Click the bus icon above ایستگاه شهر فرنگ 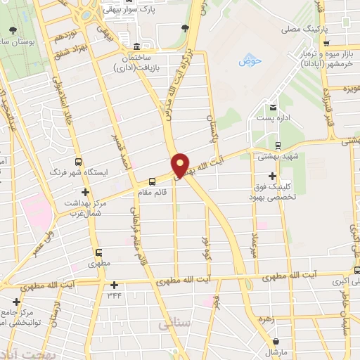(x=77, y=160)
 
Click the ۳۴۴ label (x=115, y=295)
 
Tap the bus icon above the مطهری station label (x=98, y=253)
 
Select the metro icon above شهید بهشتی (x=279, y=146)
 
